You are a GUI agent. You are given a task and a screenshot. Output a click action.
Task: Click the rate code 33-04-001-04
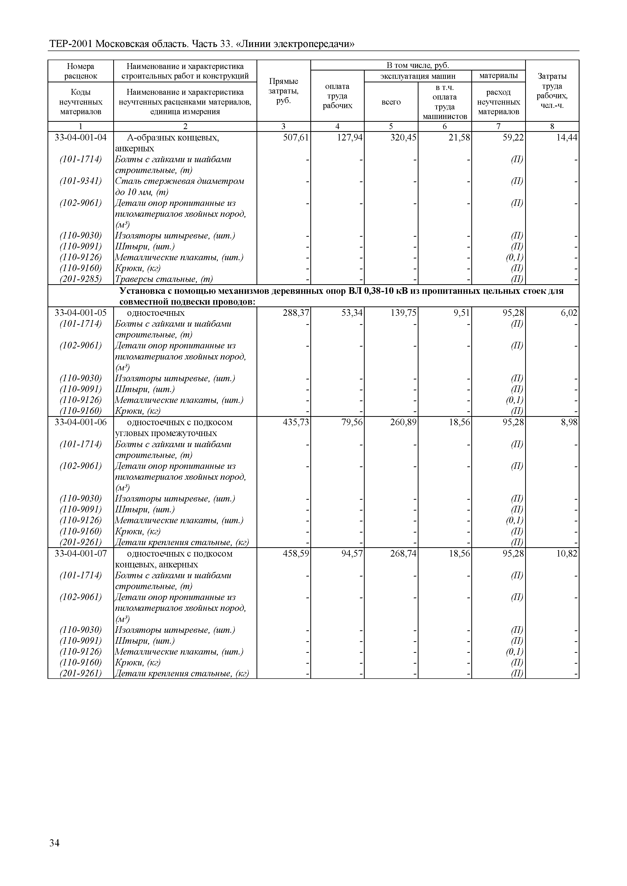point(81,137)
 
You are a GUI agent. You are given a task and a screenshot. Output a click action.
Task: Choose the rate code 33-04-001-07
point(81,554)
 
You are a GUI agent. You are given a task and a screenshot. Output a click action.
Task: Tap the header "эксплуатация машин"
point(418,76)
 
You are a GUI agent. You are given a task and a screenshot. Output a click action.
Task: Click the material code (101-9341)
point(81,181)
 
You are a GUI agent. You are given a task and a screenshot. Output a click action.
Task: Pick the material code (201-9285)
point(81,279)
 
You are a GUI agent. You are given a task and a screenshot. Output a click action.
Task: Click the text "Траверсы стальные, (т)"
point(164,279)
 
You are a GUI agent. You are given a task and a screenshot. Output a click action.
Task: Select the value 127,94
point(350,137)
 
